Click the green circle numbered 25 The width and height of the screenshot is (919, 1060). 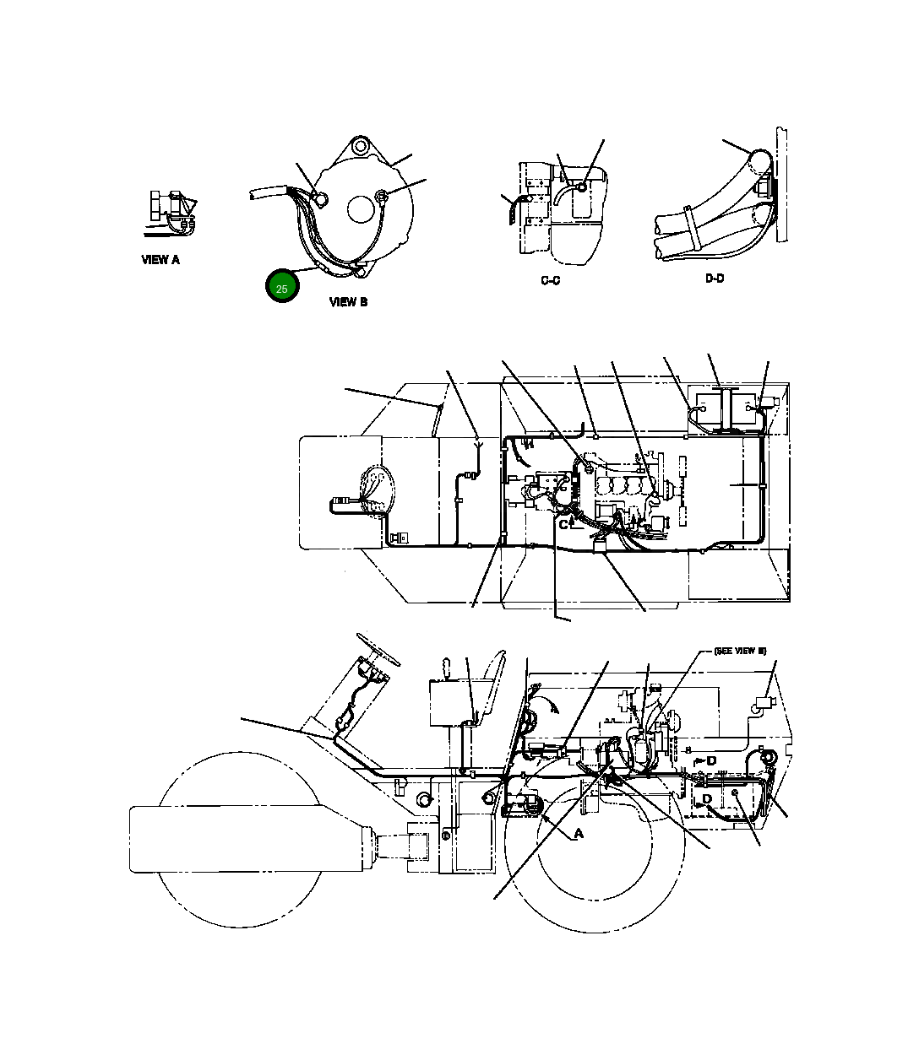(282, 287)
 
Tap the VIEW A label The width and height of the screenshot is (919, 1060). (160, 260)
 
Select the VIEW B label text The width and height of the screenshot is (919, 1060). (348, 301)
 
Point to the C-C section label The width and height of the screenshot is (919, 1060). (550, 280)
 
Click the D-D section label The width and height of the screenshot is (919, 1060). (715, 279)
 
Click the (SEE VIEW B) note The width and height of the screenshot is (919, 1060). (739, 652)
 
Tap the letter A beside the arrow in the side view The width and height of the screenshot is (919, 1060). (579, 834)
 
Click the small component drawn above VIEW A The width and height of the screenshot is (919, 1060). (171, 209)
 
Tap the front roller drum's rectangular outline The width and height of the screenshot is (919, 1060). (245, 839)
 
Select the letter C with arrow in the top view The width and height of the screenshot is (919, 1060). (563, 524)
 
